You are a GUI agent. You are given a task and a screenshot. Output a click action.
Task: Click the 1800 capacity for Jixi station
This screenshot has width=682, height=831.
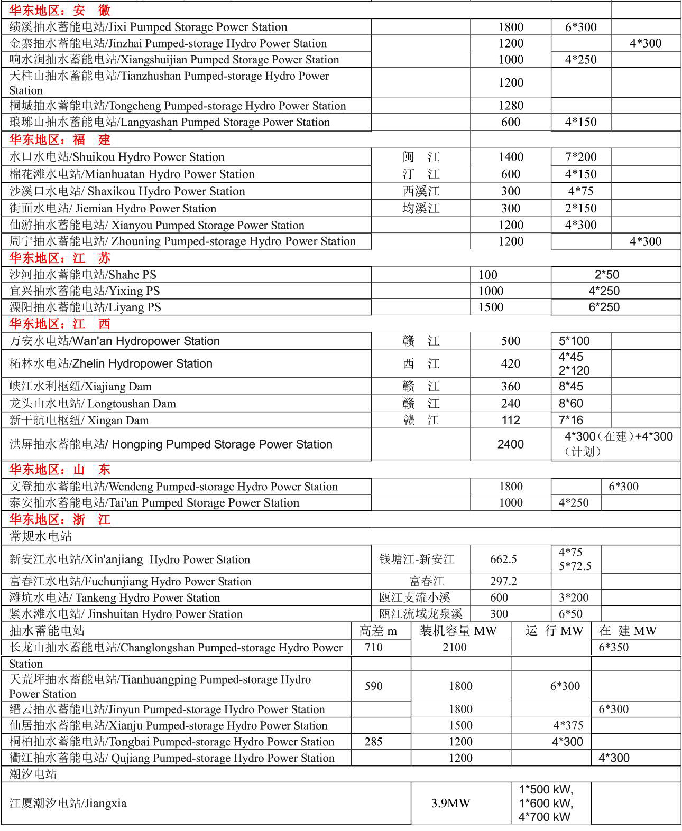click(511, 27)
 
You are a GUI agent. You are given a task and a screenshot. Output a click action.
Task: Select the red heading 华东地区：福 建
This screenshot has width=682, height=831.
click(60, 139)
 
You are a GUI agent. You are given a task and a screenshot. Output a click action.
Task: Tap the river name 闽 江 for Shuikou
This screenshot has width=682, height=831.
click(421, 157)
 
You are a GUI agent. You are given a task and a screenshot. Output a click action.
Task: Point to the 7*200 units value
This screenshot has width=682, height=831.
click(580, 157)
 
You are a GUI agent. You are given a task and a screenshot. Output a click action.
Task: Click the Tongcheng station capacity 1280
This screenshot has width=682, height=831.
click(511, 106)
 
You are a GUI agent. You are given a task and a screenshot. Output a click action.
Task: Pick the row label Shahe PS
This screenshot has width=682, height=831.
click(83, 275)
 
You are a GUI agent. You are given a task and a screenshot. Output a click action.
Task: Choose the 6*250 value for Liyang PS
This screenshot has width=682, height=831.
click(604, 307)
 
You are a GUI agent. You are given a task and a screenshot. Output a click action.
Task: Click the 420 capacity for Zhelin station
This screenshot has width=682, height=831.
click(511, 363)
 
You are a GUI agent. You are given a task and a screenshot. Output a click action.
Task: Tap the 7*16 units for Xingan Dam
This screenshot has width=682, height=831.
click(571, 420)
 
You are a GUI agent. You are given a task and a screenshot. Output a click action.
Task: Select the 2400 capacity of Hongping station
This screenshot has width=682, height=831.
click(511, 444)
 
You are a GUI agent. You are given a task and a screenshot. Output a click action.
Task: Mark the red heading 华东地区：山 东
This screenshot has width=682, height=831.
click(60, 470)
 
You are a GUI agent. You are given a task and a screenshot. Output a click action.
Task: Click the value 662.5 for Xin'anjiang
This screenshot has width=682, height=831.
click(503, 559)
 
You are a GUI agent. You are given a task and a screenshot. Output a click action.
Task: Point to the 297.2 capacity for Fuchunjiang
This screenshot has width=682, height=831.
click(503, 582)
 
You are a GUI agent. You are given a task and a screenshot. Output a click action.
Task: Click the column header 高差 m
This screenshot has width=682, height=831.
click(378, 631)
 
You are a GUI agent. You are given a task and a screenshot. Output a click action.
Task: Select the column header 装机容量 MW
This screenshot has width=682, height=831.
click(458, 631)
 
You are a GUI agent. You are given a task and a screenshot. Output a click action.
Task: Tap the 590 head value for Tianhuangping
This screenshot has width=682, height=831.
click(373, 686)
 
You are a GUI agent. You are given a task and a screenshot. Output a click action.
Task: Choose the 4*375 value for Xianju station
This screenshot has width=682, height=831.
click(568, 725)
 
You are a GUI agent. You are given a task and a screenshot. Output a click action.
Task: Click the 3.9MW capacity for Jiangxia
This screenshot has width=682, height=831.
click(450, 804)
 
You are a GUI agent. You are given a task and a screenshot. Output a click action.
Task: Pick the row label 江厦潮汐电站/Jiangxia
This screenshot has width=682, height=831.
click(68, 804)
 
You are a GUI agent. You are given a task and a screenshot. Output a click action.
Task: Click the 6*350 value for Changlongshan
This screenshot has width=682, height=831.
click(613, 647)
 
